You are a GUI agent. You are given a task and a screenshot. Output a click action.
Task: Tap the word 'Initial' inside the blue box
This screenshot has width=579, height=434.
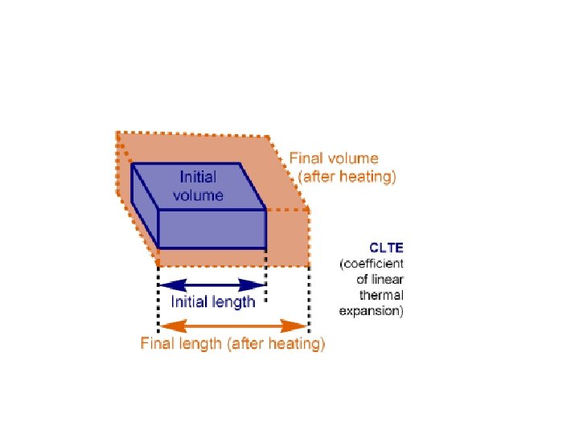click(x=198, y=177)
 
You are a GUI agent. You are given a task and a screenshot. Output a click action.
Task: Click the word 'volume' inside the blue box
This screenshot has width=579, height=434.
click(x=198, y=194)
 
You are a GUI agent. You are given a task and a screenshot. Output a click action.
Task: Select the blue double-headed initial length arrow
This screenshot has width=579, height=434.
click(x=212, y=285)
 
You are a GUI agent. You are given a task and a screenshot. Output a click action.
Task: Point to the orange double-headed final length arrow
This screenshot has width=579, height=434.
click(x=233, y=325)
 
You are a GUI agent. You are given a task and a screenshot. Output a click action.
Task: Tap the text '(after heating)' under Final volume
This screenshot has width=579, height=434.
click(x=347, y=176)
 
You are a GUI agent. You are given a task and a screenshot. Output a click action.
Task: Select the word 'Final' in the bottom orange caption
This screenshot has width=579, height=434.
click(x=158, y=344)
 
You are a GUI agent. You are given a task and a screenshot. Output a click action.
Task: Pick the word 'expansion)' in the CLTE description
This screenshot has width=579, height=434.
click(x=371, y=311)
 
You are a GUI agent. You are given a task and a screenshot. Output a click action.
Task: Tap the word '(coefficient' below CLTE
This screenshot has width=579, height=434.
click(x=372, y=263)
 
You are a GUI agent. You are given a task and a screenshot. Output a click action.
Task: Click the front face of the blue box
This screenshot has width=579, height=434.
click(x=211, y=229)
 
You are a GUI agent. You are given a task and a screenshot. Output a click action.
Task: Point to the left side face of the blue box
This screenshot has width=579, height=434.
click(x=145, y=205)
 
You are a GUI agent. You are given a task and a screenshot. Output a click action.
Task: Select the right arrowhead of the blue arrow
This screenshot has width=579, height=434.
click(x=257, y=285)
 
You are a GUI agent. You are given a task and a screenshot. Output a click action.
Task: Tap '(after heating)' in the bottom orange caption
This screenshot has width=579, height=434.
click(x=276, y=344)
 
